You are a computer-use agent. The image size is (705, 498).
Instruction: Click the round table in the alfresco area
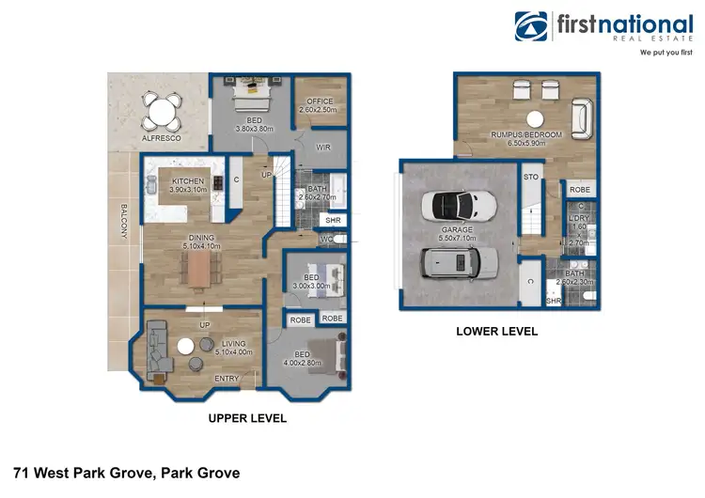[x=163, y=114]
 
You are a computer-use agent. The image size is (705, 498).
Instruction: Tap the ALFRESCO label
[x=161, y=138]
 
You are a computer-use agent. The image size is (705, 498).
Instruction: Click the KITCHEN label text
[x=188, y=180]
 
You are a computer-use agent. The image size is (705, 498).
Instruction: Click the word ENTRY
[x=227, y=379]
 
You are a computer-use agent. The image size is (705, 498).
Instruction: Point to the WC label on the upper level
[x=326, y=239]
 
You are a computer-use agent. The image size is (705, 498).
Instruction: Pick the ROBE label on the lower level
[x=580, y=190]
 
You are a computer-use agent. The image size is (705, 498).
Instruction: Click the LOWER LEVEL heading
[x=496, y=331]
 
